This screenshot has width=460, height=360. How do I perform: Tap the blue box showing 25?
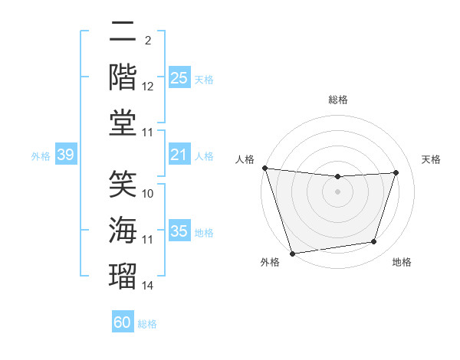pyautogui.click(x=179, y=78)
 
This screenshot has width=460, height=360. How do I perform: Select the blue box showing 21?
pyautogui.click(x=179, y=155)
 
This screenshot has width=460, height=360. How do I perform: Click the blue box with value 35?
pyautogui.click(x=179, y=231)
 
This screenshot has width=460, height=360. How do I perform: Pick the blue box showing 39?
pyautogui.click(x=65, y=155)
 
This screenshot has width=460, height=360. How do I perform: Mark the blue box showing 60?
pyautogui.click(x=123, y=322)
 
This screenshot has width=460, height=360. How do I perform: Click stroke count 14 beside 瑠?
pyautogui.click(x=148, y=286)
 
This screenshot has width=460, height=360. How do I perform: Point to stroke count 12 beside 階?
pyautogui.click(x=148, y=87)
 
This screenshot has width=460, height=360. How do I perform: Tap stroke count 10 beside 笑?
pyautogui.click(x=148, y=195)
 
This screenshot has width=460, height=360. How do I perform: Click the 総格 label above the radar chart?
pyautogui.click(x=338, y=100)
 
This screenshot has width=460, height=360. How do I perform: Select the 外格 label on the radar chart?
pyautogui.click(x=270, y=262)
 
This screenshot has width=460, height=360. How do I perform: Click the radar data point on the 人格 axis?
pyautogui.click(x=264, y=168)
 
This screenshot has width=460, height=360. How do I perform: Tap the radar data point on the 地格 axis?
pyautogui.click(x=374, y=242)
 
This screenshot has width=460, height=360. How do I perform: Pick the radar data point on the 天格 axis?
pyautogui.click(x=396, y=172)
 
